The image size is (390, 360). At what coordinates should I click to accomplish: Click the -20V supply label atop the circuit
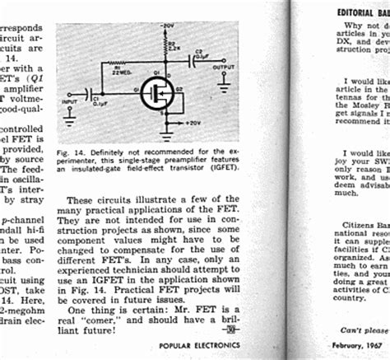pos(168,27)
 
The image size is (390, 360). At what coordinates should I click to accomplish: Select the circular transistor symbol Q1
pos(156,92)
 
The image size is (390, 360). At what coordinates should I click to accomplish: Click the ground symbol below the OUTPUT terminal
pos(222,82)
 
